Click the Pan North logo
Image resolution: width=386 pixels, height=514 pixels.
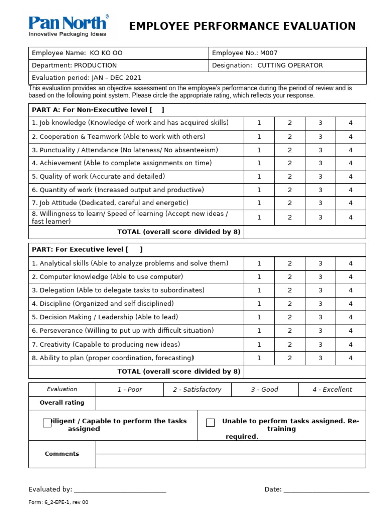(x=67, y=26)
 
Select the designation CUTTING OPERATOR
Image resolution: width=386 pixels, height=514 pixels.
(x=290, y=65)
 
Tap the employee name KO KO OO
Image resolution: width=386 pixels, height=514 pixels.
(x=106, y=53)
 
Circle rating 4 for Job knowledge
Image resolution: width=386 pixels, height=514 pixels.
(x=351, y=123)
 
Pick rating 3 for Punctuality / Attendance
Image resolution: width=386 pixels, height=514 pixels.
(x=320, y=150)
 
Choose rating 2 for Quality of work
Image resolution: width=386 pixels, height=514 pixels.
(x=289, y=177)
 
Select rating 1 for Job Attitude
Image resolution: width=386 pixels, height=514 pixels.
(x=259, y=203)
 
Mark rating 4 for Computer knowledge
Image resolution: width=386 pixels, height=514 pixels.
(x=351, y=277)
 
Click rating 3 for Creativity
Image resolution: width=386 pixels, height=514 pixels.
(x=320, y=345)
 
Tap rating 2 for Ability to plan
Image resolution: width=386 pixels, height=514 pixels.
(x=289, y=358)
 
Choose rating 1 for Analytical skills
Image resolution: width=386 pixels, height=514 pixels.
(x=259, y=263)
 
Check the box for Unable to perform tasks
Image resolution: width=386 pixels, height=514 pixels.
(x=210, y=423)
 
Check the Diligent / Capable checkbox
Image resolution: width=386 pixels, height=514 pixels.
(x=47, y=423)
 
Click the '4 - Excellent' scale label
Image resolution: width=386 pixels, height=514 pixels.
(x=332, y=390)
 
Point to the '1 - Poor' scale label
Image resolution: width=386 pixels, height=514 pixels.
(x=130, y=390)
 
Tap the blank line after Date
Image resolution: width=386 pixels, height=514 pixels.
(x=327, y=490)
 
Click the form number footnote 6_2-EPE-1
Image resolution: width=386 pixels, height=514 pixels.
(x=58, y=502)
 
